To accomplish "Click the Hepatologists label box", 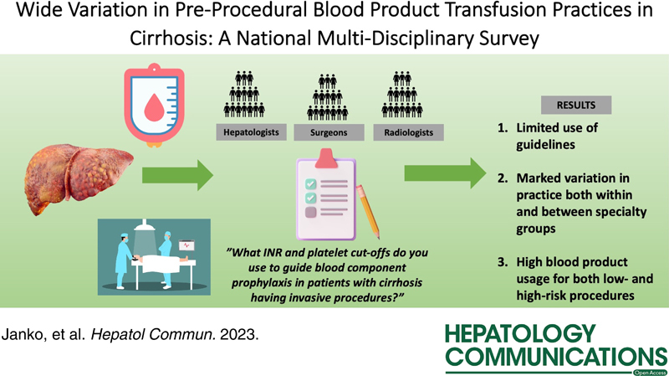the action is click(x=252, y=132).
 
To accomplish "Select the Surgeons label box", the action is click(x=329, y=132).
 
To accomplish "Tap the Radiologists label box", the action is click(x=408, y=132).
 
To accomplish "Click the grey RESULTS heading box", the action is click(x=576, y=106).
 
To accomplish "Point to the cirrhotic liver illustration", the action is click(x=79, y=178).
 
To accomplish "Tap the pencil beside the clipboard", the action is click(x=368, y=212).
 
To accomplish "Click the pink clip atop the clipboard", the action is click(x=326, y=158).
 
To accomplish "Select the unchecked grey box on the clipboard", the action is click(x=310, y=212).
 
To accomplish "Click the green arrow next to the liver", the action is click(x=177, y=175).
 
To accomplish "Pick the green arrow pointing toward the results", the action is click(x=446, y=173).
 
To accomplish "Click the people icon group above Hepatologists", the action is click(x=244, y=95).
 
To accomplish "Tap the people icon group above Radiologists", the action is click(x=402, y=95).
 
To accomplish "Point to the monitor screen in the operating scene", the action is click(x=186, y=246).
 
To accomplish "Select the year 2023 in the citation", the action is click(x=239, y=334).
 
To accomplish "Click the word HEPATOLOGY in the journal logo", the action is click(x=520, y=333).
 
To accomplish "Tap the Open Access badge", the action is click(x=651, y=373).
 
